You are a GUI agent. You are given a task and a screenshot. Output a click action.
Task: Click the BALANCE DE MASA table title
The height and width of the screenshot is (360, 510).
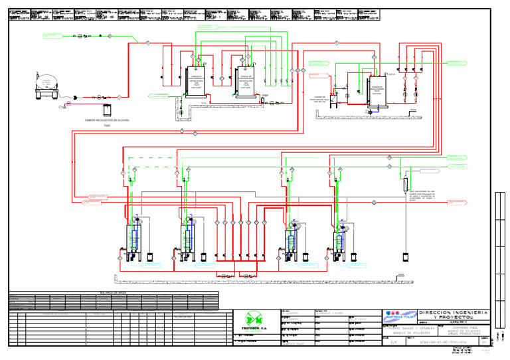(113, 292)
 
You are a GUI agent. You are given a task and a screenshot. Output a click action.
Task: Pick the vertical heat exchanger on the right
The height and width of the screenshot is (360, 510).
(404, 182)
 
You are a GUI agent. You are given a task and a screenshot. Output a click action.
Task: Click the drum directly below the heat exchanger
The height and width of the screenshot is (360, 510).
(404, 254)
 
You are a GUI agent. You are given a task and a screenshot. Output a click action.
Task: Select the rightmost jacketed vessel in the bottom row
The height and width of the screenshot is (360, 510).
(340, 240)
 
